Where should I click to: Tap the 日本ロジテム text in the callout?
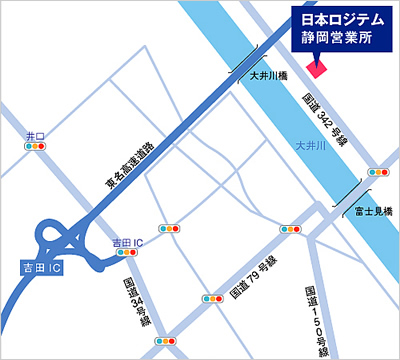pyautogui.click(x=340, y=19)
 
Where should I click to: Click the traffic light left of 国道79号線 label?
pyautogui.click(x=212, y=298)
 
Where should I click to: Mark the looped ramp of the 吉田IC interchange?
pyautogui.click(x=55, y=240)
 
